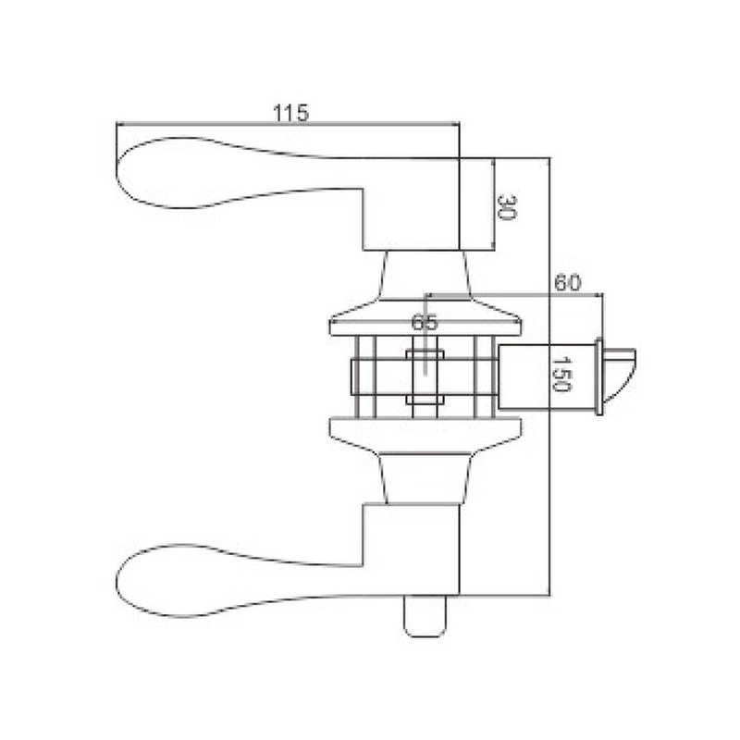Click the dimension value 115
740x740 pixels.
pyautogui.click(x=290, y=112)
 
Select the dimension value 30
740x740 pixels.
pyautogui.click(x=507, y=207)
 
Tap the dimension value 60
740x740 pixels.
pyautogui.click(x=567, y=283)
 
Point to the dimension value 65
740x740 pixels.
pyautogui.click(x=425, y=322)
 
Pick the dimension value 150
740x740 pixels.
pyautogui.click(x=561, y=375)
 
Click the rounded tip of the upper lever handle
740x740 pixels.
pyautogui.click(x=117, y=172)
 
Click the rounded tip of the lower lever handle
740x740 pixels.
pyautogui.click(x=117, y=582)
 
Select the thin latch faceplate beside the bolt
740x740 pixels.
pyautogui.click(x=598, y=376)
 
